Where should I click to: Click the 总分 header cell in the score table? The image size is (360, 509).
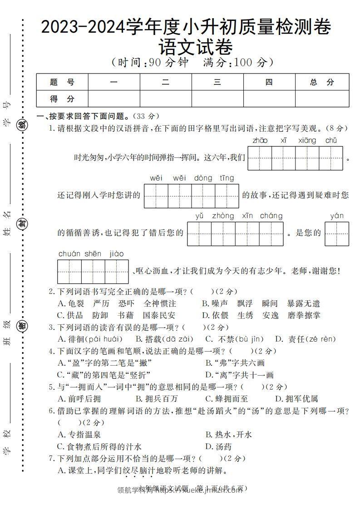coord(322,82)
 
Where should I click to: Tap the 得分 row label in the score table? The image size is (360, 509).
coord(62,99)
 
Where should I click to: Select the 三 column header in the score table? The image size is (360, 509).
coord(217,82)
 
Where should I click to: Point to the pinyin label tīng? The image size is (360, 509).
coord(227,178)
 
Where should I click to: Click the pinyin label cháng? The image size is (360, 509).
coord(271,216)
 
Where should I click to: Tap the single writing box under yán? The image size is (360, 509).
coord(337,234)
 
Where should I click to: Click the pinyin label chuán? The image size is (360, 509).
coord(69,254)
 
